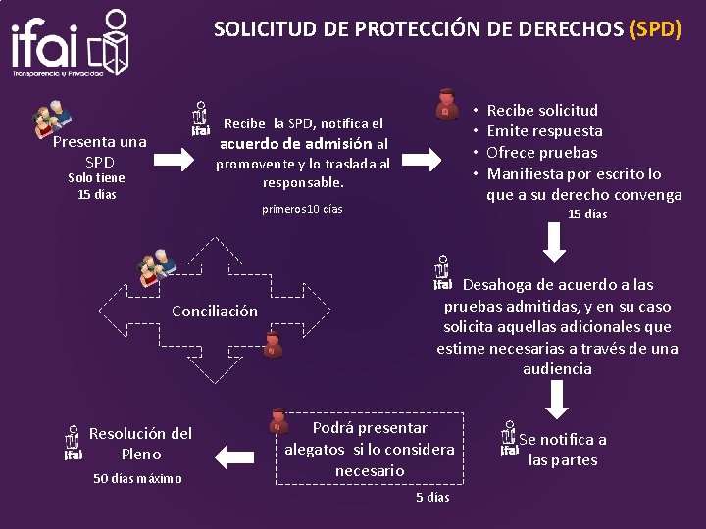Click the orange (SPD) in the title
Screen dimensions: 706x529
(x=654, y=28)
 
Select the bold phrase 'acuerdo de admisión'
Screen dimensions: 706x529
(x=295, y=143)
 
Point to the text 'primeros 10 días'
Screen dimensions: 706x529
(x=302, y=209)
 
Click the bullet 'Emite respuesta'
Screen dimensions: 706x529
(x=544, y=131)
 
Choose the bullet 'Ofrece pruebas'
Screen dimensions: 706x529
(x=541, y=152)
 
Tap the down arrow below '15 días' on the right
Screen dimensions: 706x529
(x=554, y=243)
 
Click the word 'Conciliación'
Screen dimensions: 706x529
(x=215, y=312)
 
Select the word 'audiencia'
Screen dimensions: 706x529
(x=557, y=369)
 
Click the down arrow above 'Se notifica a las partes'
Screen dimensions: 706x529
(x=556, y=399)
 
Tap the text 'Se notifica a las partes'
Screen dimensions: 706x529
(x=562, y=450)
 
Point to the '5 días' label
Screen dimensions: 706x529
(x=431, y=497)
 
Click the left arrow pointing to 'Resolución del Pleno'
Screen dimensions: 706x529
(x=233, y=455)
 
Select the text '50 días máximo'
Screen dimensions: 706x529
(x=137, y=478)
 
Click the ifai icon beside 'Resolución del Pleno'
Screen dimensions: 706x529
(x=73, y=443)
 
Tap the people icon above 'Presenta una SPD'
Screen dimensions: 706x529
(x=53, y=119)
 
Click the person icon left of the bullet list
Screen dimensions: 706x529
(x=448, y=104)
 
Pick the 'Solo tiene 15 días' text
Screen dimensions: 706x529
(x=96, y=185)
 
